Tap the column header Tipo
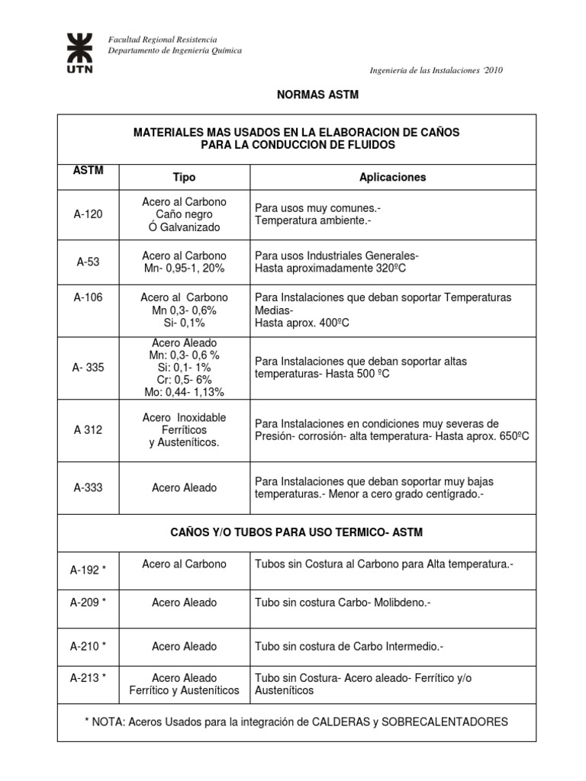click(x=184, y=177)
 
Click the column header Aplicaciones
click(x=392, y=177)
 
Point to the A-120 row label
click(x=88, y=214)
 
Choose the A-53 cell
click(x=88, y=262)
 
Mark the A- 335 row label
click(x=89, y=367)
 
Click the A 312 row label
click(x=88, y=429)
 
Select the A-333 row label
click(x=88, y=487)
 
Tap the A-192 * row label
click(x=88, y=569)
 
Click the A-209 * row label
click(x=88, y=602)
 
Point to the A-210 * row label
click(x=88, y=646)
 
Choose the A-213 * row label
click(x=88, y=677)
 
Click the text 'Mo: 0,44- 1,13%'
click(x=184, y=392)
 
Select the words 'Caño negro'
click(x=184, y=214)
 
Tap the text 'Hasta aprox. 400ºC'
click(x=302, y=323)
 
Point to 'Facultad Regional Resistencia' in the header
click(x=163, y=40)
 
